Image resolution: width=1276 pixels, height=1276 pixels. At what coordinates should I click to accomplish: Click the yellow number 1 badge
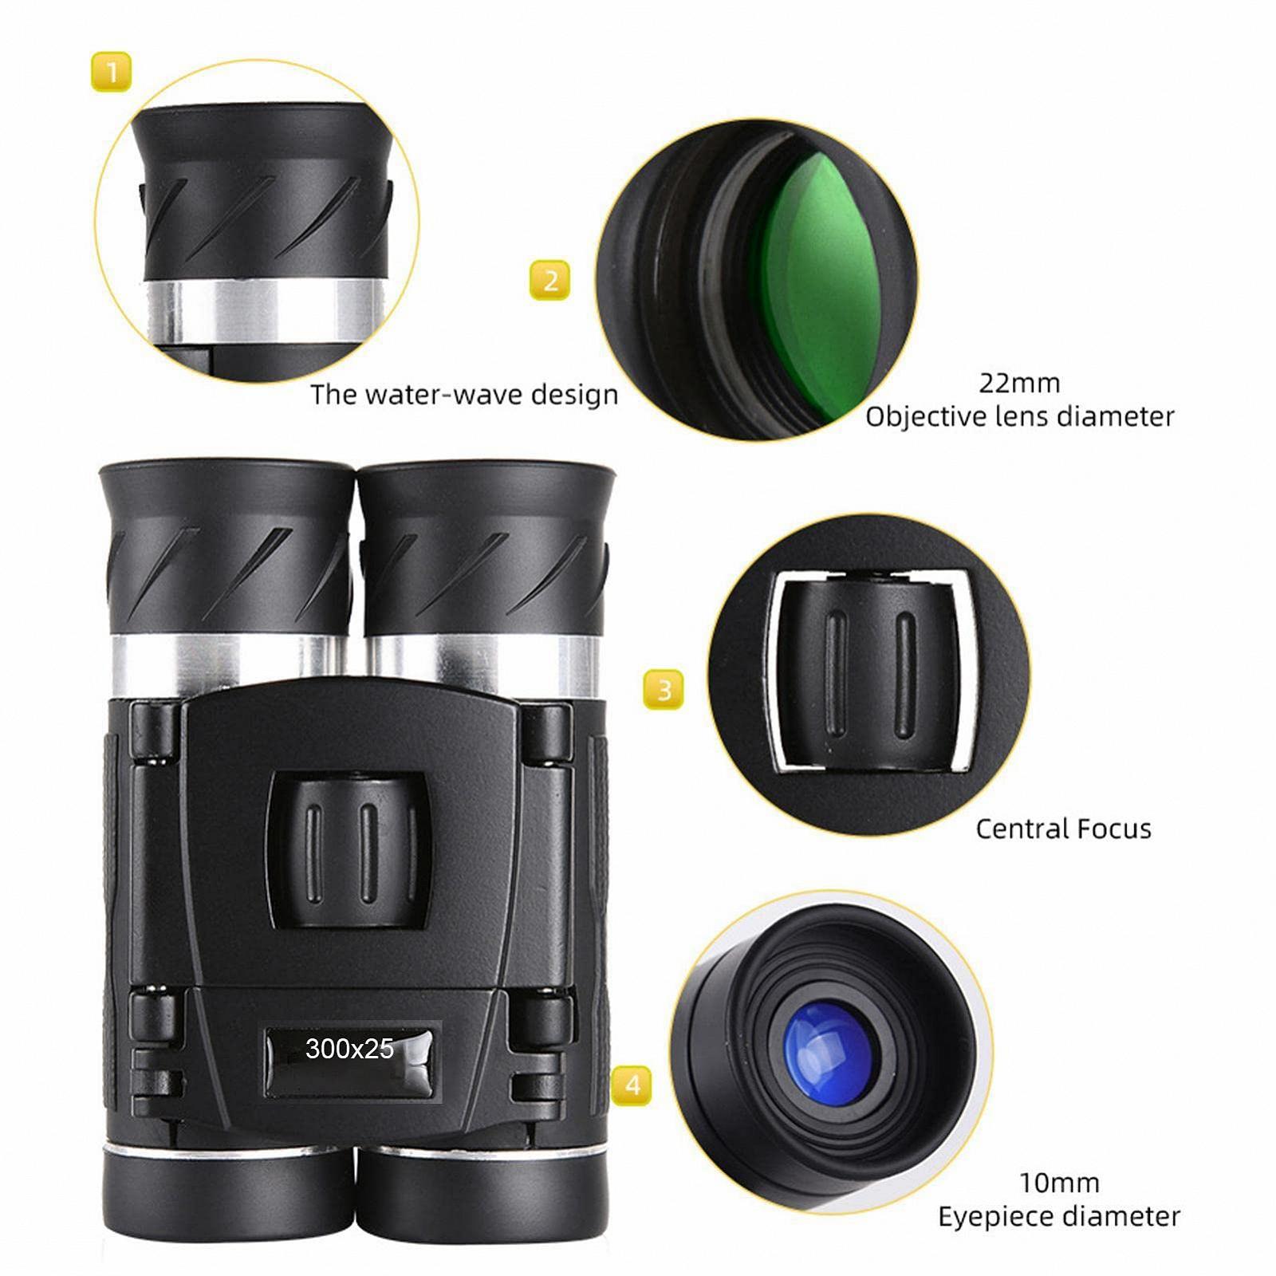click(111, 72)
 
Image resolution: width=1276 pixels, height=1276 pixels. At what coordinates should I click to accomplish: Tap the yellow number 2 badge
click(550, 280)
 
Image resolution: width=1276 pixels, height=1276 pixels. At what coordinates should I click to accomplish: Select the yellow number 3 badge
click(664, 689)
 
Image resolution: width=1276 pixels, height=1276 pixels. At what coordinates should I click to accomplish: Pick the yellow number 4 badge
click(632, 1085)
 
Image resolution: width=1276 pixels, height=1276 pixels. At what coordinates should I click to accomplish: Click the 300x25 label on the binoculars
click(349, 1048)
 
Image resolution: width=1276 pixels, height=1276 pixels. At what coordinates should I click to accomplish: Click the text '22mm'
click(1019, 383)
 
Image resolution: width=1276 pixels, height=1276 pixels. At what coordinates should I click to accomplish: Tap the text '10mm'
click(1059, 1182)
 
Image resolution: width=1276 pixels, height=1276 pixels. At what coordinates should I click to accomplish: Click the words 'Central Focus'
click(1063, 829)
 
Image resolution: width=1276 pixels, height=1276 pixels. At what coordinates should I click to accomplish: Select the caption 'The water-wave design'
click(464, 395)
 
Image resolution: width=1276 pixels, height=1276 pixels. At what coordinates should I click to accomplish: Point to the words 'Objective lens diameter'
click(1020, 416)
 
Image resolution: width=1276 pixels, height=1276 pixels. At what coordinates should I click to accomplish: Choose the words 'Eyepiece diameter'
click(1058, 1216)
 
